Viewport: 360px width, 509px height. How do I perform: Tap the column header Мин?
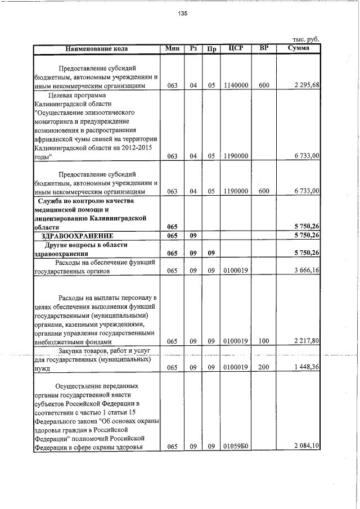(x=173, y=48)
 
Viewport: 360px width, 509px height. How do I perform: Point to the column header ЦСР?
(x=236, y=48)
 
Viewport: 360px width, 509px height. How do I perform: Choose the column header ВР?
(x=264, y=48)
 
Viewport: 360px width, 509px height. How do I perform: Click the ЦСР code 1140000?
(x=236, y=85)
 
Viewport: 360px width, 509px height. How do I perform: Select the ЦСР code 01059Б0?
(x=236, y=447)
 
